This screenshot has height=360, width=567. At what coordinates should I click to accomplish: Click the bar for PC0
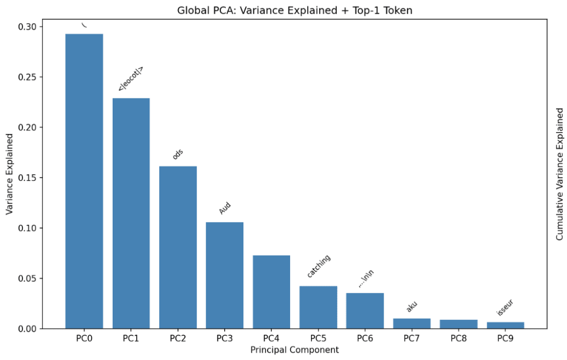[x=84, y=181]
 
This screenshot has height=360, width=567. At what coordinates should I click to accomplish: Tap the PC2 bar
[x=178, y=247]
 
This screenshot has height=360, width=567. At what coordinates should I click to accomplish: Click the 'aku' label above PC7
[x=412, y=307]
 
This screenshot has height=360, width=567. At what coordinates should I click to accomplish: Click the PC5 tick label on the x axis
[x=318, y=338]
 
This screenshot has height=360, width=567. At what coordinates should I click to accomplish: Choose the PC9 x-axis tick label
[x=505, y=338]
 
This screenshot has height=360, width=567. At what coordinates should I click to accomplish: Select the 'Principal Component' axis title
[x=294, y=350]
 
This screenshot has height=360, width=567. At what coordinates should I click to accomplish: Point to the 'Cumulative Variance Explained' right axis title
[x=559, y=174]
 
